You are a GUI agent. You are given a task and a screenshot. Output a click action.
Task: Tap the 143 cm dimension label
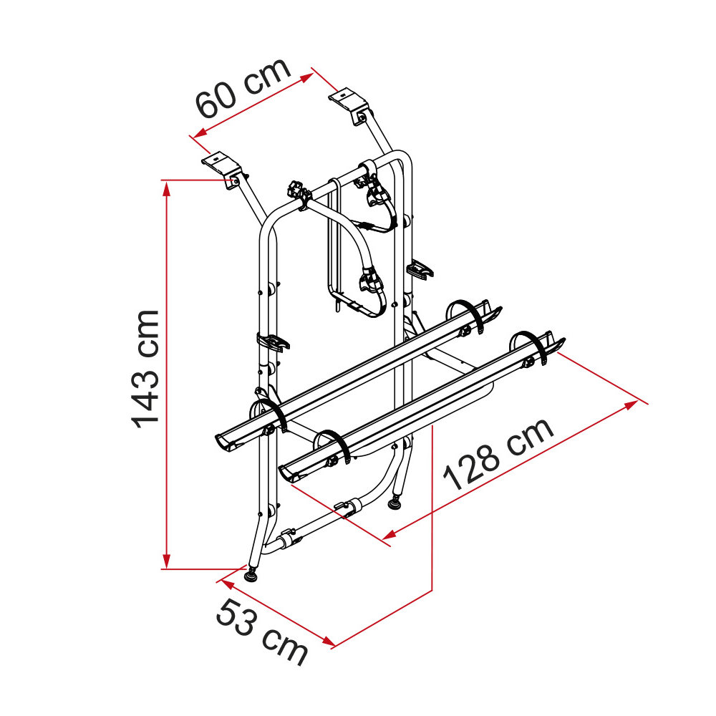(x=145, y=369)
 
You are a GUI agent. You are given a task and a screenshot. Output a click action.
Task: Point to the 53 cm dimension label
(x=261, y=632)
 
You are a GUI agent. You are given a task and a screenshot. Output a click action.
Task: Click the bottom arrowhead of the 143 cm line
(x=167, y=561)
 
